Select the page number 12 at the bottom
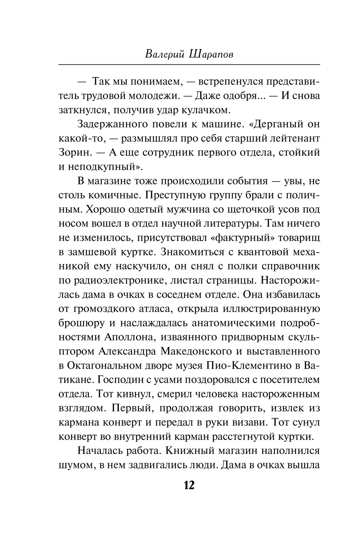[189, 485]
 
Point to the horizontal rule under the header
[189, 64]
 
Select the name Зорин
[74, 152]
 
